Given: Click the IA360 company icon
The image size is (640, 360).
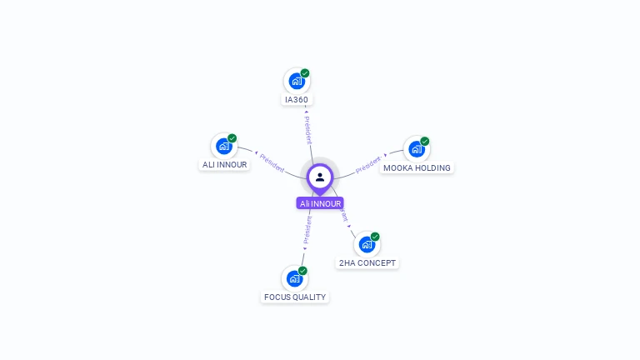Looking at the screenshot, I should coord(296,82).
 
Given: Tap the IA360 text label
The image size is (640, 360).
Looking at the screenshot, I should coord(297,100).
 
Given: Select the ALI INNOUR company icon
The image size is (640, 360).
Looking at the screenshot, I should coord(223,147).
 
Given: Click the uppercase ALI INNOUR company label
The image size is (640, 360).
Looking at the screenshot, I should coord(225,165).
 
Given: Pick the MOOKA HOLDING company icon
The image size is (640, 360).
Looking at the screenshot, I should coord(416,149).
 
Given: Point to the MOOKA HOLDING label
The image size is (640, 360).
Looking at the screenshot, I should coord(417,168).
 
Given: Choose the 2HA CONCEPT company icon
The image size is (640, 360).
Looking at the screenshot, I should coord(367,244).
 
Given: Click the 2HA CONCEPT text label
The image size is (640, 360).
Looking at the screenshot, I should coord(367,263).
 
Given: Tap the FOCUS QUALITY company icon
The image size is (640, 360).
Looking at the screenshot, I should coord(294,278).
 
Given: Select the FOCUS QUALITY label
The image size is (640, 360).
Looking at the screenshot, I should coord(295,297).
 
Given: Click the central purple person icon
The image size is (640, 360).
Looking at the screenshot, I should coord(320,177).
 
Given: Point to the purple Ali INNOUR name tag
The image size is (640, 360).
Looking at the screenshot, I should coord(320,203).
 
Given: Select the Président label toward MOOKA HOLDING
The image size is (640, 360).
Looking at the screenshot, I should coord(368,164).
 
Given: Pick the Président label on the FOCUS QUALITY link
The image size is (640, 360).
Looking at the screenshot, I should coord(307,230).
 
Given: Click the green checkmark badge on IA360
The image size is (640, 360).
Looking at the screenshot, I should coord(305,73).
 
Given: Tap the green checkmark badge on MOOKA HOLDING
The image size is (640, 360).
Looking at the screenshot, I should coord(425,141).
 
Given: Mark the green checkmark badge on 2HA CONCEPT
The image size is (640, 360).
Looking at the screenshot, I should coord(375,237).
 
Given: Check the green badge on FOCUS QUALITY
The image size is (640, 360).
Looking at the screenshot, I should coord(302,271).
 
